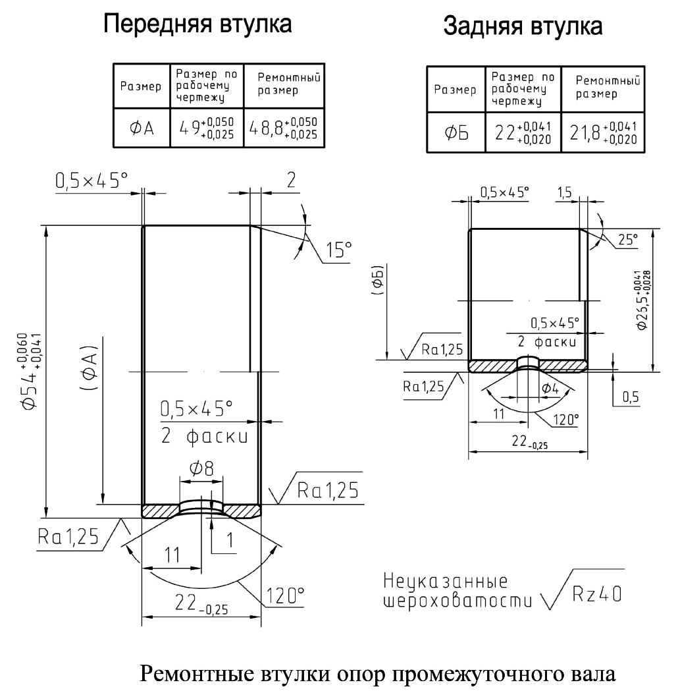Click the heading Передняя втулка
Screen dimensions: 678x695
click(197, 24)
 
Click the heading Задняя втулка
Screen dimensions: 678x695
click(523, 26)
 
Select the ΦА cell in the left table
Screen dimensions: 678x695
click(142, 128)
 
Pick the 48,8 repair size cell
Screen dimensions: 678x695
click(284, 128)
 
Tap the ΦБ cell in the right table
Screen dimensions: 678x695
click(456, 132)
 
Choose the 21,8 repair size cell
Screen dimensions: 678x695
click(603, 132)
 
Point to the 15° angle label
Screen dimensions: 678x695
click(339, 250)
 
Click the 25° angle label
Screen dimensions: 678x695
click(628, 239)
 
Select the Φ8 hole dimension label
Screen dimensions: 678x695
click(201, 468)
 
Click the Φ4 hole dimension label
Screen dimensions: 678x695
click(550, 389)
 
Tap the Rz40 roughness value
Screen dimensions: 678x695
click(597, 594)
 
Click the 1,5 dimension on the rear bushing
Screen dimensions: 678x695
click(564, 192)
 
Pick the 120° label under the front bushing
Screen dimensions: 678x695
click(285, 596)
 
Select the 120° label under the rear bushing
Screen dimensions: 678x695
click(566, 419)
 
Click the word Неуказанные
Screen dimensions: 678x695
click(445, 581)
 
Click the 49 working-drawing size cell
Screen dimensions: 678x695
click(207, 128)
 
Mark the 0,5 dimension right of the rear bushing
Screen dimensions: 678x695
click(631, 397)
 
